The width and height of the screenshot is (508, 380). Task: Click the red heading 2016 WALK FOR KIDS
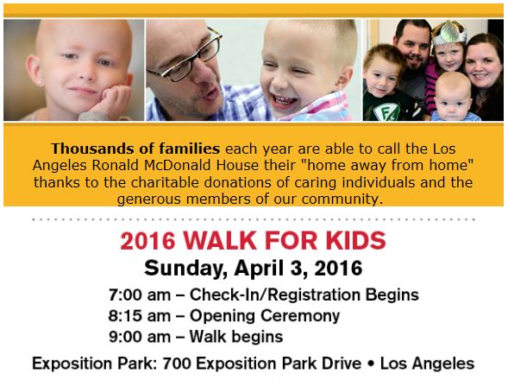pos(253,241)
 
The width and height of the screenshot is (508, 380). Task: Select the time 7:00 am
pos(140,295)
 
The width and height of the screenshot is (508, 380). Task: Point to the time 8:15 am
pos(140,316)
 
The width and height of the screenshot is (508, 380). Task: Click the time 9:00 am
pos(140,337)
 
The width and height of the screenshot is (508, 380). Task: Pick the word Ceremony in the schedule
pos(300,316)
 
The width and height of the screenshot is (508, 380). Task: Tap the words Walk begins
pos(236,337)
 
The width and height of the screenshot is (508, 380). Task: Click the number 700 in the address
pos(177,364)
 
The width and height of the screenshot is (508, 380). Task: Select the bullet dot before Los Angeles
pos(371,364)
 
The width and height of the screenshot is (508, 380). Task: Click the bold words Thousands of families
pos(135,149)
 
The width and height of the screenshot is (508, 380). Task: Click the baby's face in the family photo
pos(453,98)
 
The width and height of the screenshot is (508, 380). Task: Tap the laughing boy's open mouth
pos(283,100)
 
